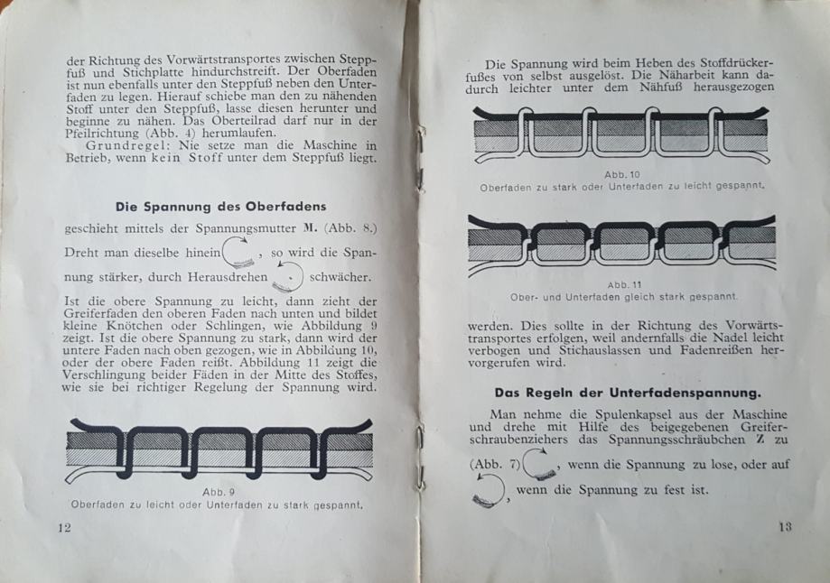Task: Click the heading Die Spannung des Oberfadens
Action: point(220,207)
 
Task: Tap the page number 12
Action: point(63,528)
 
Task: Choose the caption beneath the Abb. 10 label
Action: point(624,186)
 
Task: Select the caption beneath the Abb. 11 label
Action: point(624,295)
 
